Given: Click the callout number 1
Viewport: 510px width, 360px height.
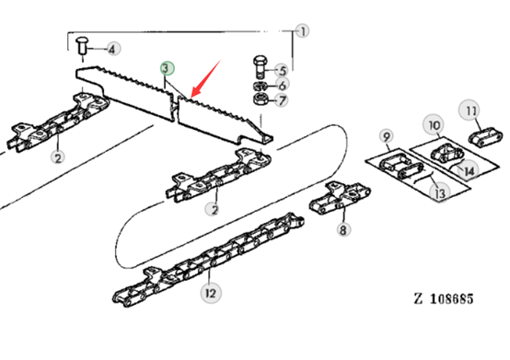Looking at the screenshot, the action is [x=303, y=31].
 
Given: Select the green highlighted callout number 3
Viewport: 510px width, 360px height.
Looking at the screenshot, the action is [x=168, y=68].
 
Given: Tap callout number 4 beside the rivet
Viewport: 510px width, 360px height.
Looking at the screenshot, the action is [x=113, y=49].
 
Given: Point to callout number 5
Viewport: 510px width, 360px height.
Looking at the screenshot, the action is [x=282, y=70].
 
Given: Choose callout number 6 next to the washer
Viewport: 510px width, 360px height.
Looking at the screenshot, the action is [x=282, y=85].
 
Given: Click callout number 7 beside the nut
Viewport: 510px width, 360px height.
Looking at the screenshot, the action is [x=282, y=99].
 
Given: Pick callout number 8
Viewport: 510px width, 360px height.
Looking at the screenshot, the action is [x=343, y=229].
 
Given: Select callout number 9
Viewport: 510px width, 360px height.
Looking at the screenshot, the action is [x=387, y=136].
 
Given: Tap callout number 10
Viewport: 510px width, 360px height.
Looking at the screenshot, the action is [x=435, y=125].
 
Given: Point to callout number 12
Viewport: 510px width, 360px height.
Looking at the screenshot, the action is [x=211, y=293].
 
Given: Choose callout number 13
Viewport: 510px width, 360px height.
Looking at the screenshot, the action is [x=440, y=192].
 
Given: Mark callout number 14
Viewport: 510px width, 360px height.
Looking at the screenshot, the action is [x=469, y=170].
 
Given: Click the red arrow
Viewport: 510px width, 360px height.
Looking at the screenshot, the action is [x=206, y=78].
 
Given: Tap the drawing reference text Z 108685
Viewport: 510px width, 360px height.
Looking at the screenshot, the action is [x=444, y=298].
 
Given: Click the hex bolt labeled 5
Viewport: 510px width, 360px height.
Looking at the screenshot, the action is [x=261, y=67].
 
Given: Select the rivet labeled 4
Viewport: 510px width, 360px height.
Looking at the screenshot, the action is [x=82, y=46].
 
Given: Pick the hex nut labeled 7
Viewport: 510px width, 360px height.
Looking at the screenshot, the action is [x=261, y=99].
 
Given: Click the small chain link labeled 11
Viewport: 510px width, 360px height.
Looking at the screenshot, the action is [x=485, y=137].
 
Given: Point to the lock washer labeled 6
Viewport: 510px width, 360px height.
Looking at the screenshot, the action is [x=261, y=87].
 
